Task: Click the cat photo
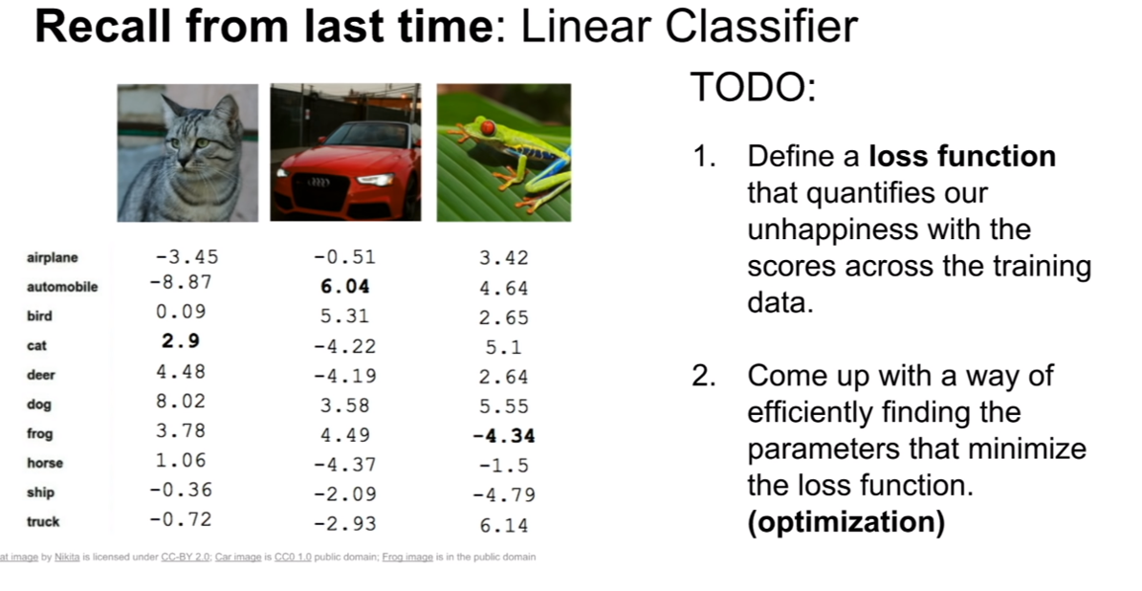(x=187, y=153)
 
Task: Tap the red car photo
(x=345, y=152)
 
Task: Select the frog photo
(x=504, y=152)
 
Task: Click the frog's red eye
(x=488, y=128)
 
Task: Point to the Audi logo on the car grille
(x=318, y=182)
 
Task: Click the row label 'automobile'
(x=62, y=287)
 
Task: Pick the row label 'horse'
(x=44, y=463)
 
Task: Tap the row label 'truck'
(x=43, y=522)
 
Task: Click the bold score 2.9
(x=181, y=341)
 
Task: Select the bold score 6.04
(x=345, y=287)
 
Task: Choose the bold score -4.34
(x=504, y=436)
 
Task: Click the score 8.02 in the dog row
(x=181, y=401)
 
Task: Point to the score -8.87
(x=181, y=282)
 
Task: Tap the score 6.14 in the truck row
(x=504, y=525)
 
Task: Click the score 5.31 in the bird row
(x=345, y=317)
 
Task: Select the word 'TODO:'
(x=753, y=87)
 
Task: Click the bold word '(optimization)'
(x=846, y=522)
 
